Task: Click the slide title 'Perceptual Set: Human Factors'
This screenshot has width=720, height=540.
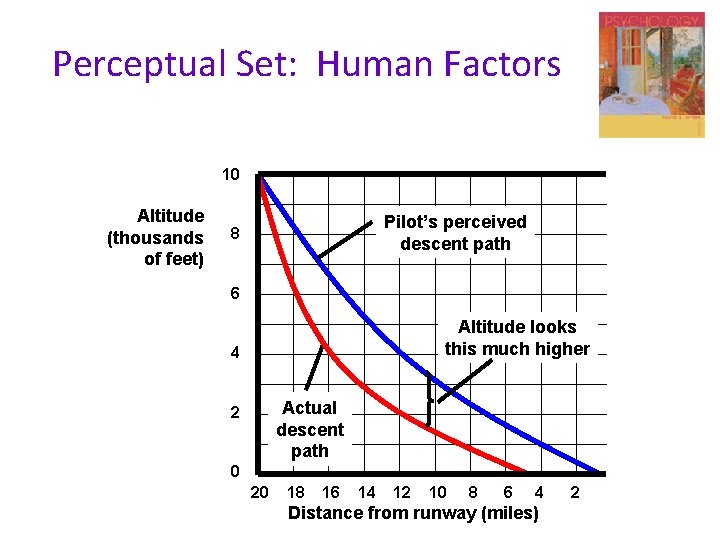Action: point(306,64)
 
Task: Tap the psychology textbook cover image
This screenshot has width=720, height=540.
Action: point(651,75)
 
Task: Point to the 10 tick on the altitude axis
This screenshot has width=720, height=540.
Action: point(230,175)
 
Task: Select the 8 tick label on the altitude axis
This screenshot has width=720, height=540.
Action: point(233,235)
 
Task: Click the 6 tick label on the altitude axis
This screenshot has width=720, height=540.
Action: point(234,294)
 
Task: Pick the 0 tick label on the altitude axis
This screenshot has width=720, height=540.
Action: point(234,472)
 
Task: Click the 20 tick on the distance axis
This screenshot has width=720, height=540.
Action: point(259,492)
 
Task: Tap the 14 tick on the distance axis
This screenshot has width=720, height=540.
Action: point(366,492)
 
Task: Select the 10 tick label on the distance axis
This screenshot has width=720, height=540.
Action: point(437,492)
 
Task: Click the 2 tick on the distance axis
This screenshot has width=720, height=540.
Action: point(574,492)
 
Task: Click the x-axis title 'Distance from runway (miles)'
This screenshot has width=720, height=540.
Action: point(413,514)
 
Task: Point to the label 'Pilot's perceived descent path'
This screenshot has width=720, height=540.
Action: point(455,233)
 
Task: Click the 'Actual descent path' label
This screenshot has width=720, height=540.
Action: point(310,429)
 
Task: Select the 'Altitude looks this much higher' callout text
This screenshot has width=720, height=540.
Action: point(517,338)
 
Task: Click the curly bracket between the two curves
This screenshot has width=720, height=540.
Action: point(429,399)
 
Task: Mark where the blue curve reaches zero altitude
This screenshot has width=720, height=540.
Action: point(600,472)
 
